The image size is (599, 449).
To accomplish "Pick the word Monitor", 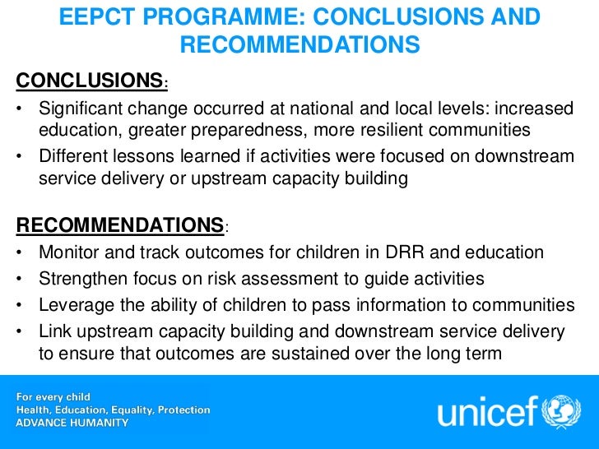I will (71, 252).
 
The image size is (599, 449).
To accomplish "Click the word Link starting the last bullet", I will (54, 331).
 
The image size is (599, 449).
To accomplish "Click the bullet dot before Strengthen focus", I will (20, 280).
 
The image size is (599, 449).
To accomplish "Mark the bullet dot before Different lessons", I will (20, 157).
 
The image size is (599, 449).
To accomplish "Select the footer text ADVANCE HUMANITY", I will (73, 423).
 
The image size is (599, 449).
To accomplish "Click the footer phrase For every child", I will (56, 396).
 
